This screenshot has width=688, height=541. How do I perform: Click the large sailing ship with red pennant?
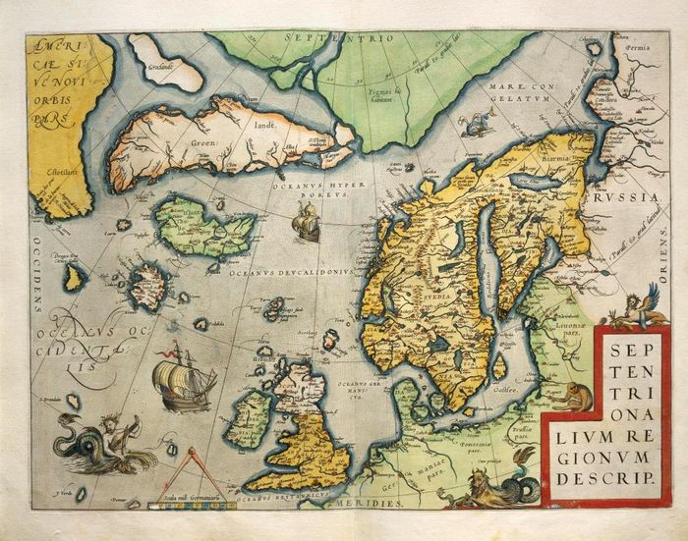[182, 378]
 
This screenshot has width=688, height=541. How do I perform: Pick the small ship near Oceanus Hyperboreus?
[307, 225]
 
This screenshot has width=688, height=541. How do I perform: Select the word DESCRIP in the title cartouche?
[603, 477]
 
